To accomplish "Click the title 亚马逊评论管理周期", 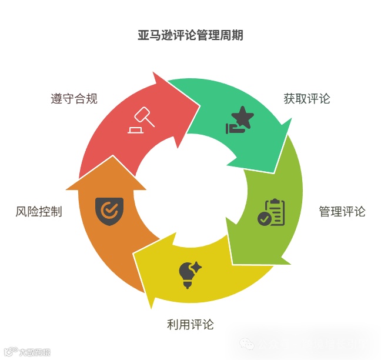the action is (190, 35).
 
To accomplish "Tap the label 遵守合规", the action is (74, 98).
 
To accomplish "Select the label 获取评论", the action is (307, 98).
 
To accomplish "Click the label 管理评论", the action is (342, 211).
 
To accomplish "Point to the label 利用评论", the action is (190, 324).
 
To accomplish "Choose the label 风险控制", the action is (39, 211).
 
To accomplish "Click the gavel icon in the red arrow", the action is (141, 121).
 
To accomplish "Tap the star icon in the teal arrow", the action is (243, 118).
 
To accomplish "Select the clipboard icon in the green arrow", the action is (272, 212).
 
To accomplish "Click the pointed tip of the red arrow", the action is (199, 106).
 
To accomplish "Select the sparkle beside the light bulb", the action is (196, 267).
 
